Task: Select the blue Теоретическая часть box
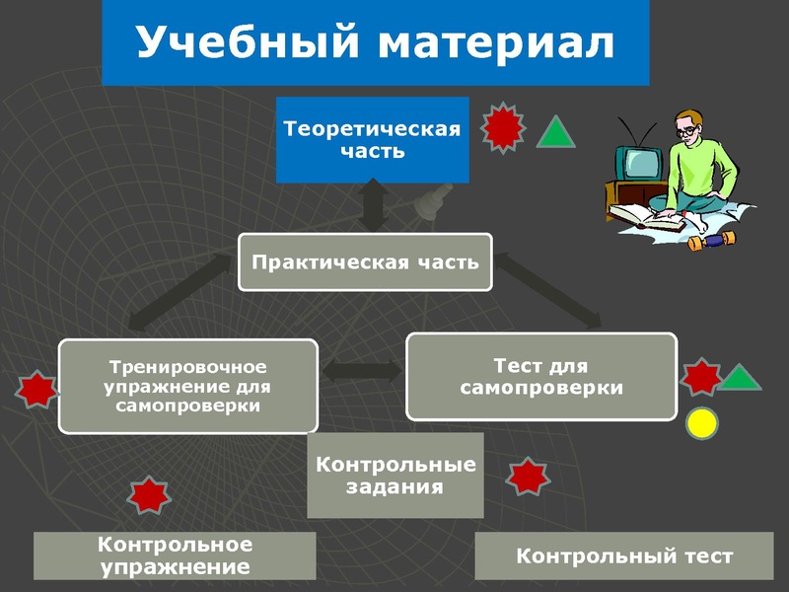(x=372, y=140)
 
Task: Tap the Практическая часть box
(x=365, y=261)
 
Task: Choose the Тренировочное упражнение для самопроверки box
(x=187, y=386)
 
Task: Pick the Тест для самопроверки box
(x=541, y=377)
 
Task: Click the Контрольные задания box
(x=395, y=475)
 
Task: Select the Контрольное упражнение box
(x=175, y=555)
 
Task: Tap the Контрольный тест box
(x=624, y=555)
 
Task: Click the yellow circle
(x=701, y=423)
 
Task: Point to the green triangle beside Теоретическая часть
(x=555, y=133)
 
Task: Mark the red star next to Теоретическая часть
(x=503, y=127)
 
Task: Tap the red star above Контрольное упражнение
(x=149, y=495)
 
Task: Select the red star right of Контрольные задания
(x=528, y=478)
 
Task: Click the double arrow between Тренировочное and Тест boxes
(x=362, y=373)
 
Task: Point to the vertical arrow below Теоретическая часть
(x=372, y=205)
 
